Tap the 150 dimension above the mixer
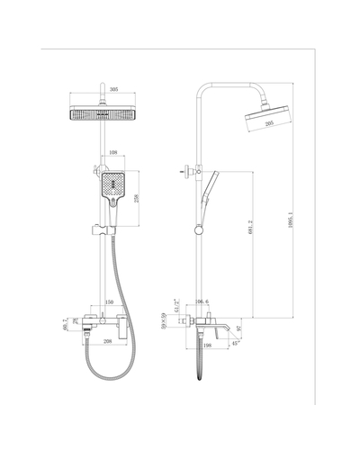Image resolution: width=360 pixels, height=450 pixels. click(x=110, y=302)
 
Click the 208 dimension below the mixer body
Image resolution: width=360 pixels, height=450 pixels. click(x=107, y=342)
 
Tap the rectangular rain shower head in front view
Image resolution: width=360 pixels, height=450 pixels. click(x=106, y=112)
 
